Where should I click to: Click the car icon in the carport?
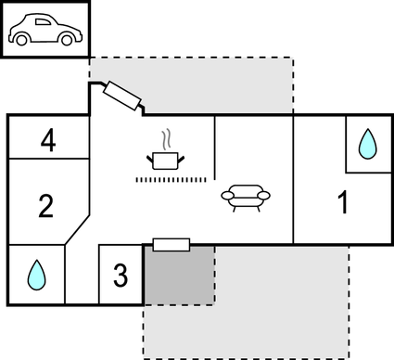click(x=45, y=30)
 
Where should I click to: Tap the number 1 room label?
click(x=343, y=201)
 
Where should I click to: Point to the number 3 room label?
click(x=120, y=275)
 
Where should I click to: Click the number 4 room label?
click(x=48, y=141)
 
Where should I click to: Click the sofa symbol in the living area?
click(x=247, y=196)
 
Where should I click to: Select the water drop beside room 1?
click(x=368, y=143)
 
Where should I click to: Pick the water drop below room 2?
click(x=36, y=274)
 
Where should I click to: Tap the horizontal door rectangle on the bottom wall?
click(x=171, y=245)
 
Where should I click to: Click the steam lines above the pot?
click(x=166, y=139)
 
